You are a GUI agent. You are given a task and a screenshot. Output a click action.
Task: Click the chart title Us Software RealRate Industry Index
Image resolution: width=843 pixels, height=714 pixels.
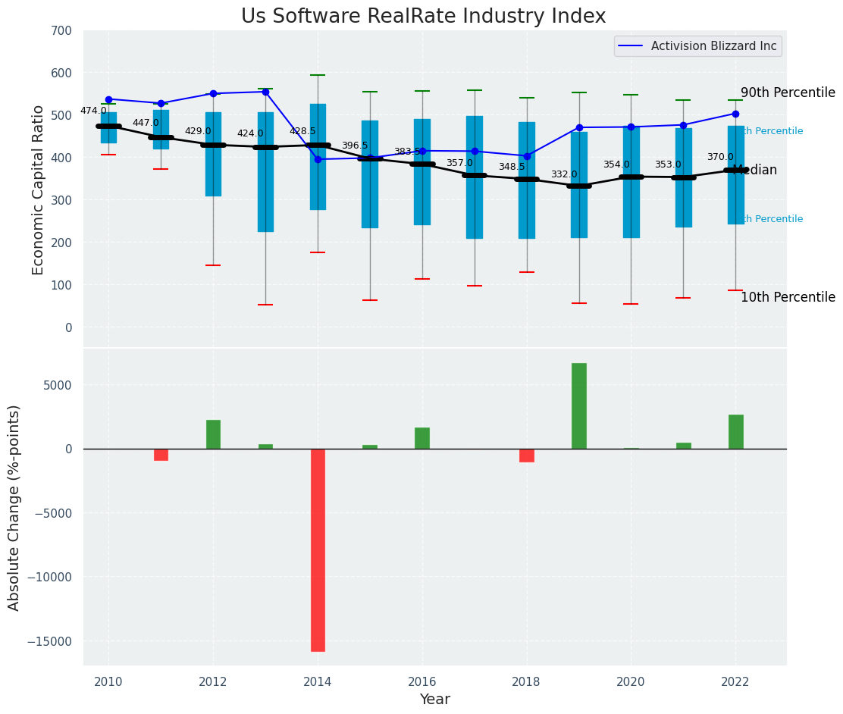pyautogui.click(x=423, y=17)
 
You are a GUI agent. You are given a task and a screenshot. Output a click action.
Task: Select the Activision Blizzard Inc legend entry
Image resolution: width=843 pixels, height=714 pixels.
pyautogui.click(x=697, y=46)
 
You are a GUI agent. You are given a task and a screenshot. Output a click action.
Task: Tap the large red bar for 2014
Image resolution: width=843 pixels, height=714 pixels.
pyautogui.click(x=318, y=550)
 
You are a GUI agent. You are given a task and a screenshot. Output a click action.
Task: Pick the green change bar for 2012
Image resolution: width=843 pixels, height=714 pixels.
pyautogui.click(x=213, y=434)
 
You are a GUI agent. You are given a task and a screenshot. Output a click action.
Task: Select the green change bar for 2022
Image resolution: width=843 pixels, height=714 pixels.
pyautogui.click(x=735, y=431)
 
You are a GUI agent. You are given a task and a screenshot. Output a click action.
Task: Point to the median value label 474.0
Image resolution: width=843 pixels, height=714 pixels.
pyautogui.click(x=93, y=111)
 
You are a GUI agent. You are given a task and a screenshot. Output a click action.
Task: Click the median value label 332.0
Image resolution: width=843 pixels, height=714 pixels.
pyautogui.click(x=564, y=174)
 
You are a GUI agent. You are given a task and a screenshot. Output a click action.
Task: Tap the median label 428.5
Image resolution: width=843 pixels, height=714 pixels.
pyautogui.click(x=302, y=131)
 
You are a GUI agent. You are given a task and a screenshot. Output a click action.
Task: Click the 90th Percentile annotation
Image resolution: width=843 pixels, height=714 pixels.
pyautogui.click(x=788, y=92)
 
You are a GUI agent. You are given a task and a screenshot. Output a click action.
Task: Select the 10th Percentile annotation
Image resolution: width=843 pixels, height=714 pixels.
pyautogui.click(x=788, y=297)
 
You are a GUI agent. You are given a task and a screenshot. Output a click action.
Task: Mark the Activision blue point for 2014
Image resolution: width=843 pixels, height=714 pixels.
pyautogui.click(x=318, y=159)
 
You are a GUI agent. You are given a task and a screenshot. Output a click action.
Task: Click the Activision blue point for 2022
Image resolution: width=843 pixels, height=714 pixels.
pyautogui.click(x=735, y=114)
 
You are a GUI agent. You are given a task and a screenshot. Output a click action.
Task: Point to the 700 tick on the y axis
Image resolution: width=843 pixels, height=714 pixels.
pyautogui.click(x=62, y=31)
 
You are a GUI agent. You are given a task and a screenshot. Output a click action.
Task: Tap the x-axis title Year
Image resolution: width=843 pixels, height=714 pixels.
pyautogui.click(x=434, y=700)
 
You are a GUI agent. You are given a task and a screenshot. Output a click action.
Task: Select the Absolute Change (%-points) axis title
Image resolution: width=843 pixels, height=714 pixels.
pyautogui.click(x=14, y=507)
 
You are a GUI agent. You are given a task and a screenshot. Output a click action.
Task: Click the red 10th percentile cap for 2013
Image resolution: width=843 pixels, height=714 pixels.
pyautogui.click(x=265, y=305)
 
